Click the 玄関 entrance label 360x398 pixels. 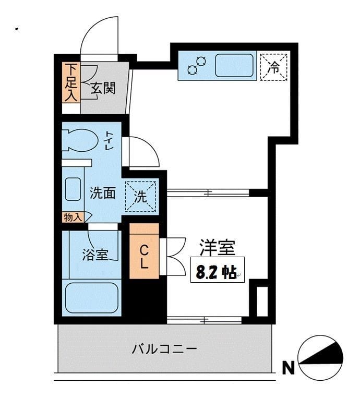103,88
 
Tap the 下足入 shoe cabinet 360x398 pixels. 70,82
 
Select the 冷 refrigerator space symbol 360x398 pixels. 274,66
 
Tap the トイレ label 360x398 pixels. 110,140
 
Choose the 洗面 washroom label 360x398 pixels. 102,193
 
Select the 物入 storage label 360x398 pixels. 73,217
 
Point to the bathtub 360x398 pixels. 92,297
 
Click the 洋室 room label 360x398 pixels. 217,247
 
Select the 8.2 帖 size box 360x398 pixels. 217,270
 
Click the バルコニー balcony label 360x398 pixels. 164,348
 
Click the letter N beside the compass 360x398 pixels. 287,368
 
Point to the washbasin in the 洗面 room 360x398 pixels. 73,189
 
